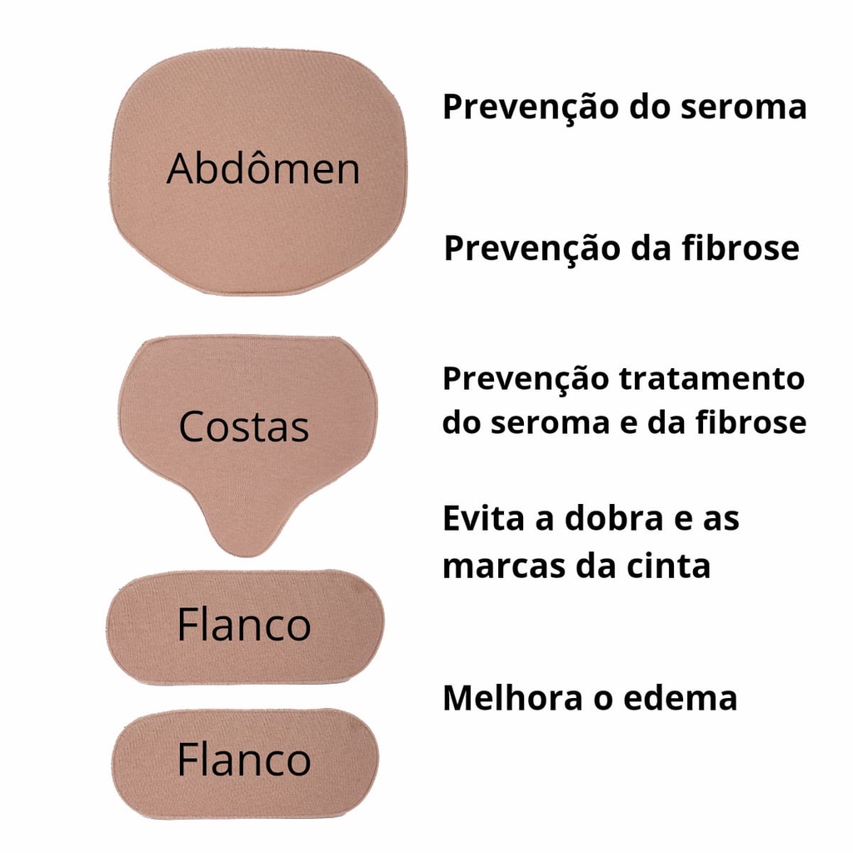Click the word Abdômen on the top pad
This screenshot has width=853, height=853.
[x=263, y=168]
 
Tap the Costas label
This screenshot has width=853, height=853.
[x=244, y=426]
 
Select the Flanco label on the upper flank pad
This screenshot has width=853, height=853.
[x=244, y=625]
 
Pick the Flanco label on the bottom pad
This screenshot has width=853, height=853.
[x=244, y=759]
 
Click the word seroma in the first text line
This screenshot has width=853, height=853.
[x=744, y=107]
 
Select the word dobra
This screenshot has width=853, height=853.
[x=614, y=518]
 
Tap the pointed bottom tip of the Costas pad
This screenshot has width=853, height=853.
[x=247, y=556]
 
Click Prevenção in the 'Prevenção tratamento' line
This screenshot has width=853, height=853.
[x=526, y=380]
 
